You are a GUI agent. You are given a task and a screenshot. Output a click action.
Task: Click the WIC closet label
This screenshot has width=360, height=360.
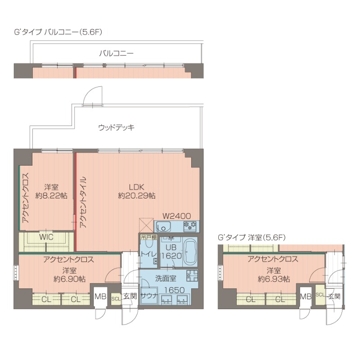pyautogui.click(x=46, y=237)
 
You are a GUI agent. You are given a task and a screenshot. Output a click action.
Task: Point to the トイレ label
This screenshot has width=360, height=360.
pyautogui.click(x=148, y=254)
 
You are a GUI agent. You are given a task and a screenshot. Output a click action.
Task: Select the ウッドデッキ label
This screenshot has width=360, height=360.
pyautogui.click(x=117, y=127)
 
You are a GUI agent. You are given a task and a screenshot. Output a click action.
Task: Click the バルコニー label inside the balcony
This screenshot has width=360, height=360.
pyautogui.click(x=116, y=53)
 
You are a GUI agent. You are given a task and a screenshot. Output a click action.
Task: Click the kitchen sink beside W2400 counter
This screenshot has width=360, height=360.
pyautogui.click(x=163, y=225)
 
